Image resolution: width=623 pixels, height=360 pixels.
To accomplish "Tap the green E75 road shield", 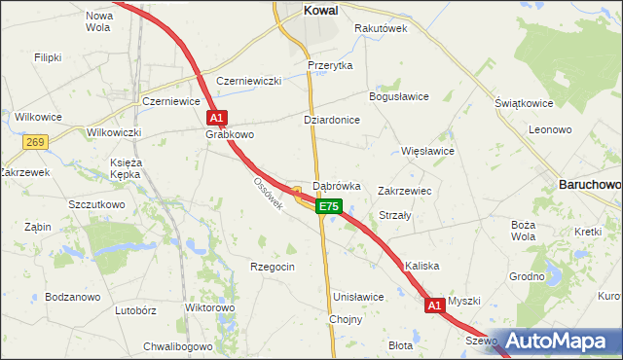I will coord(329,206).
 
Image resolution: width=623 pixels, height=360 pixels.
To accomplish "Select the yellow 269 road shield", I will coord(36,142).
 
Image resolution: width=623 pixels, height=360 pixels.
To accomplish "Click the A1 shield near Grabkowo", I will coord(217,117).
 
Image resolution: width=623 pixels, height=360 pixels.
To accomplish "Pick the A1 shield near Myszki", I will coord(434,306).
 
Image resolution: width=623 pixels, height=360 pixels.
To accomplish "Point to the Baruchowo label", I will coord(590,183).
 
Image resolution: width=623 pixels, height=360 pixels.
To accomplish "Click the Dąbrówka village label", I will coord(337,185).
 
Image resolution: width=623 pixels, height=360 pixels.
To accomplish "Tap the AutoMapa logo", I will coord(557,342).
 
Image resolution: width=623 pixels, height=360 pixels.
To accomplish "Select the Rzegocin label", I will coord(273,267).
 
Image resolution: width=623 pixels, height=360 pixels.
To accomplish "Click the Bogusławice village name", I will coord(398,97).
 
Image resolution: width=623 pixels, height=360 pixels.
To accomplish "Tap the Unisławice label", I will coord(358,297).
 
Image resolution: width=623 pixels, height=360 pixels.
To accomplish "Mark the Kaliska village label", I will coord(423,266).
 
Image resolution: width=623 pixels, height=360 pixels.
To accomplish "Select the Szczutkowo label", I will coord(96,205).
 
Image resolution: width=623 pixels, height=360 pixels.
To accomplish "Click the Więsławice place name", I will coord(428,152).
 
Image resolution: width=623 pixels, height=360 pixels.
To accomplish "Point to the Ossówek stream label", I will coord(268,195).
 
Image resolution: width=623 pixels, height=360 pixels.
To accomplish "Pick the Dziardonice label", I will coord(332,120).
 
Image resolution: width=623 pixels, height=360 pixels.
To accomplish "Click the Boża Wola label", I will coord(524,230).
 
